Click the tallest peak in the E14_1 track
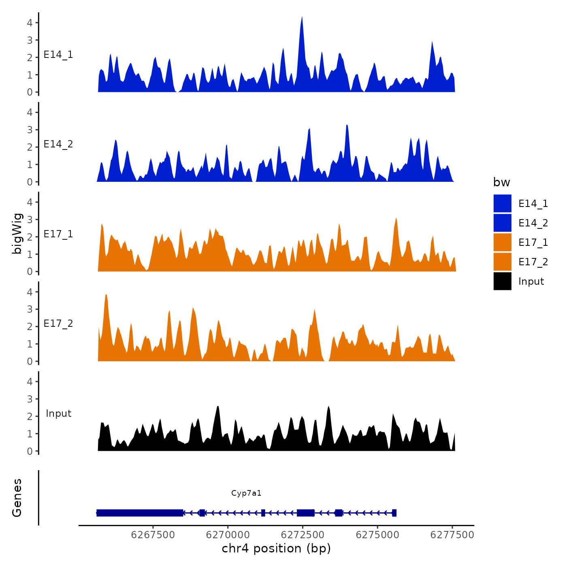302,18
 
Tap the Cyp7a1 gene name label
246,493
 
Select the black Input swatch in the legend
502,281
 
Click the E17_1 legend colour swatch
502,242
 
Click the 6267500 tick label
153,535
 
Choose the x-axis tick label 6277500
452,535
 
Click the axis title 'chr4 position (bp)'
276,548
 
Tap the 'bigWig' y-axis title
17,233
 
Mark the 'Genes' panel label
17,498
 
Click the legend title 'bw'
501,182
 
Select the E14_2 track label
58,144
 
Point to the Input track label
58,414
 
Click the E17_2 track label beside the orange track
58,324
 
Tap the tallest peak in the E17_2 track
106,296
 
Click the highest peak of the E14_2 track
347,126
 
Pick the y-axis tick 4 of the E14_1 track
30,23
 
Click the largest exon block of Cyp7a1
140,513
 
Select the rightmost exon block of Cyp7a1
394,513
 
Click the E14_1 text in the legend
533,204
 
